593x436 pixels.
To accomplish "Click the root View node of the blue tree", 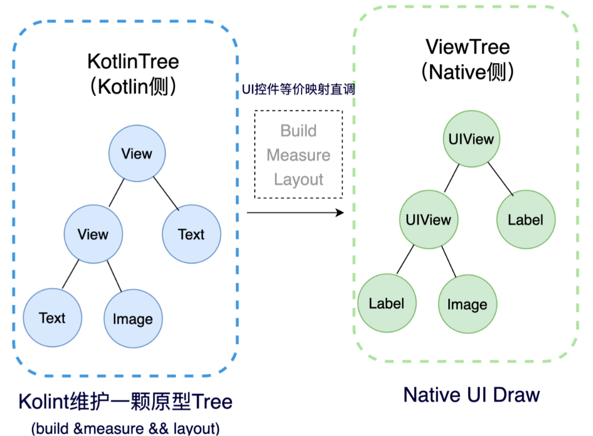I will (137, 153).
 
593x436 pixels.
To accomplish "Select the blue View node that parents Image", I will (93, 234).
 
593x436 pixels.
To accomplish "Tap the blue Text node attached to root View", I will (191, 234).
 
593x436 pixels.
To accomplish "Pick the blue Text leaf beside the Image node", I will (53, 318).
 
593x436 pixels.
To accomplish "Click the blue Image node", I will (133, 319).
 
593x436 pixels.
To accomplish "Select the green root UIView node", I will (471, 138).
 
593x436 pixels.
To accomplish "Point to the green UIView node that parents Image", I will (428, 220).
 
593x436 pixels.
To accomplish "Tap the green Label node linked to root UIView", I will (526, 220).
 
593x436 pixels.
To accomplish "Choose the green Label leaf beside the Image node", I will (386, 303).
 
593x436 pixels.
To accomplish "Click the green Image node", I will (467, 304).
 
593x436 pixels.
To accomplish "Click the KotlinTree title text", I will (133, 61).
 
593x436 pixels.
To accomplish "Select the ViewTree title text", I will (468, 47).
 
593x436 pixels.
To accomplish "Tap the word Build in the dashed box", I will (298, 131).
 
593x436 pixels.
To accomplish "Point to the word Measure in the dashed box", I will (298, 155).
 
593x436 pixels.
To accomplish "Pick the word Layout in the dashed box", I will (298, 179).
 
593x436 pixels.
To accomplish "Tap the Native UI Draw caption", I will (471, 395).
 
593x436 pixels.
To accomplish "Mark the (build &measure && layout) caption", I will (125, 428).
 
